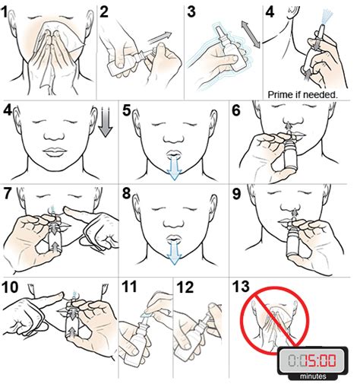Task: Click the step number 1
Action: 9,11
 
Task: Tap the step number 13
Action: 242,288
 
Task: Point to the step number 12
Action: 185,288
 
